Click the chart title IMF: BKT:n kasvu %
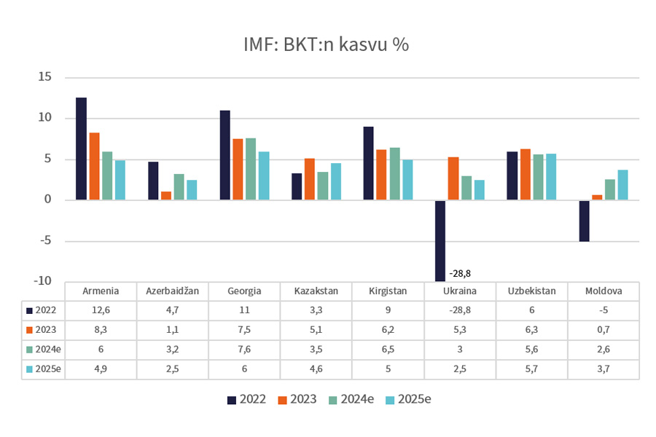point(326,44)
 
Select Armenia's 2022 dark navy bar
point(81,149)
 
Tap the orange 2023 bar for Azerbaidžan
point(166,196)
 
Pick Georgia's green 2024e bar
point(251,169)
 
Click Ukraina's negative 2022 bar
point(440,240)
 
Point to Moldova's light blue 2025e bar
point(622,185)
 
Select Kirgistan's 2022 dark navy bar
point(369,163)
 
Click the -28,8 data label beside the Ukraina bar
point(461,274)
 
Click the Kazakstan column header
point(316,291)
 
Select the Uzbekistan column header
point(532,291)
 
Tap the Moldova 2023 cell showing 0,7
point(604,329)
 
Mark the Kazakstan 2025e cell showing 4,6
point(316,369)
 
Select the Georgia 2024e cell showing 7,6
point(245,349)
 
